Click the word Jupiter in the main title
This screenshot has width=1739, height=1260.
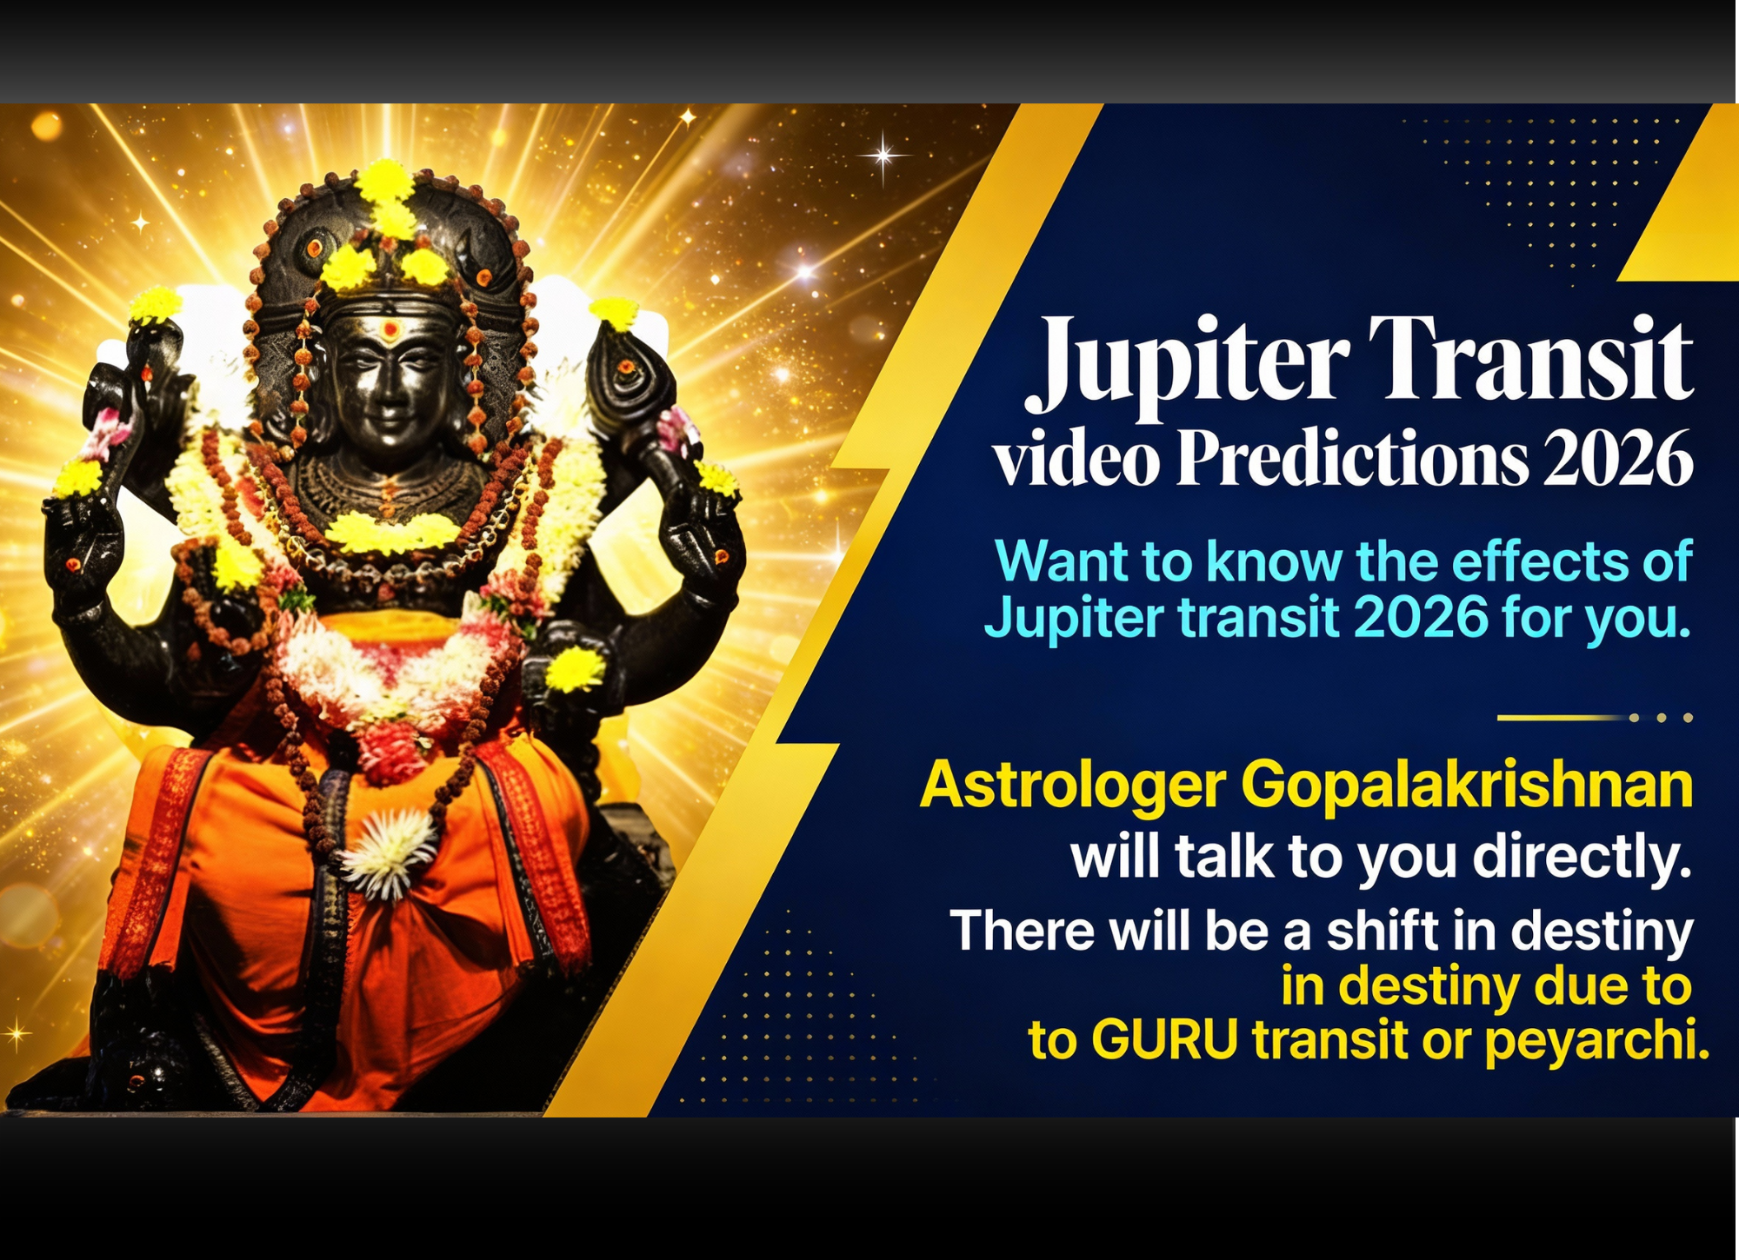pos(1187,361)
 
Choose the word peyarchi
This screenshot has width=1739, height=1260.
pos(1596,1041)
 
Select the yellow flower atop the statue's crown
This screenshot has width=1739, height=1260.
pos(385,182)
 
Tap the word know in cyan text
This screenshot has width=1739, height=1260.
pos(1274,561)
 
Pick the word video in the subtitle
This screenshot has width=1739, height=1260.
pos(1076,461)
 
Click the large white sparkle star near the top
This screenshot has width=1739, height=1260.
pos(883,156)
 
